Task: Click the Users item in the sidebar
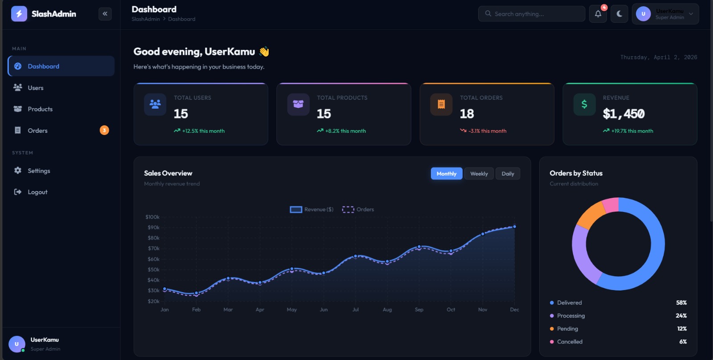[x=35, y=88]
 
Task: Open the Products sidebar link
[x=40, y=109]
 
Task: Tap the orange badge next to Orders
[x=104, y=130]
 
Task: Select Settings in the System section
[x=39, y=171]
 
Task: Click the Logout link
[x=37, y=192]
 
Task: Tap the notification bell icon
[x=598, y=14]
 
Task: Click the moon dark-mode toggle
[x=619, y=14]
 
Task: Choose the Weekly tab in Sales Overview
[x=479, y=174]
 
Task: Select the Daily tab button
[x=508, y=174]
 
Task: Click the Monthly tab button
[x=447, y=174]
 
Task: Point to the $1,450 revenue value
[x=623, y=114]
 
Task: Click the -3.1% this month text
[x=487, y=131]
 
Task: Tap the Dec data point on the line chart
[x=514, y=227]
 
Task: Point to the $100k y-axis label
[x=152, y=217]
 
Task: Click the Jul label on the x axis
[x=356, y=310]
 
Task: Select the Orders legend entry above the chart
[x=358, y=209]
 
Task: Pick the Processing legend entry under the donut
[x=570, y=315]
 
